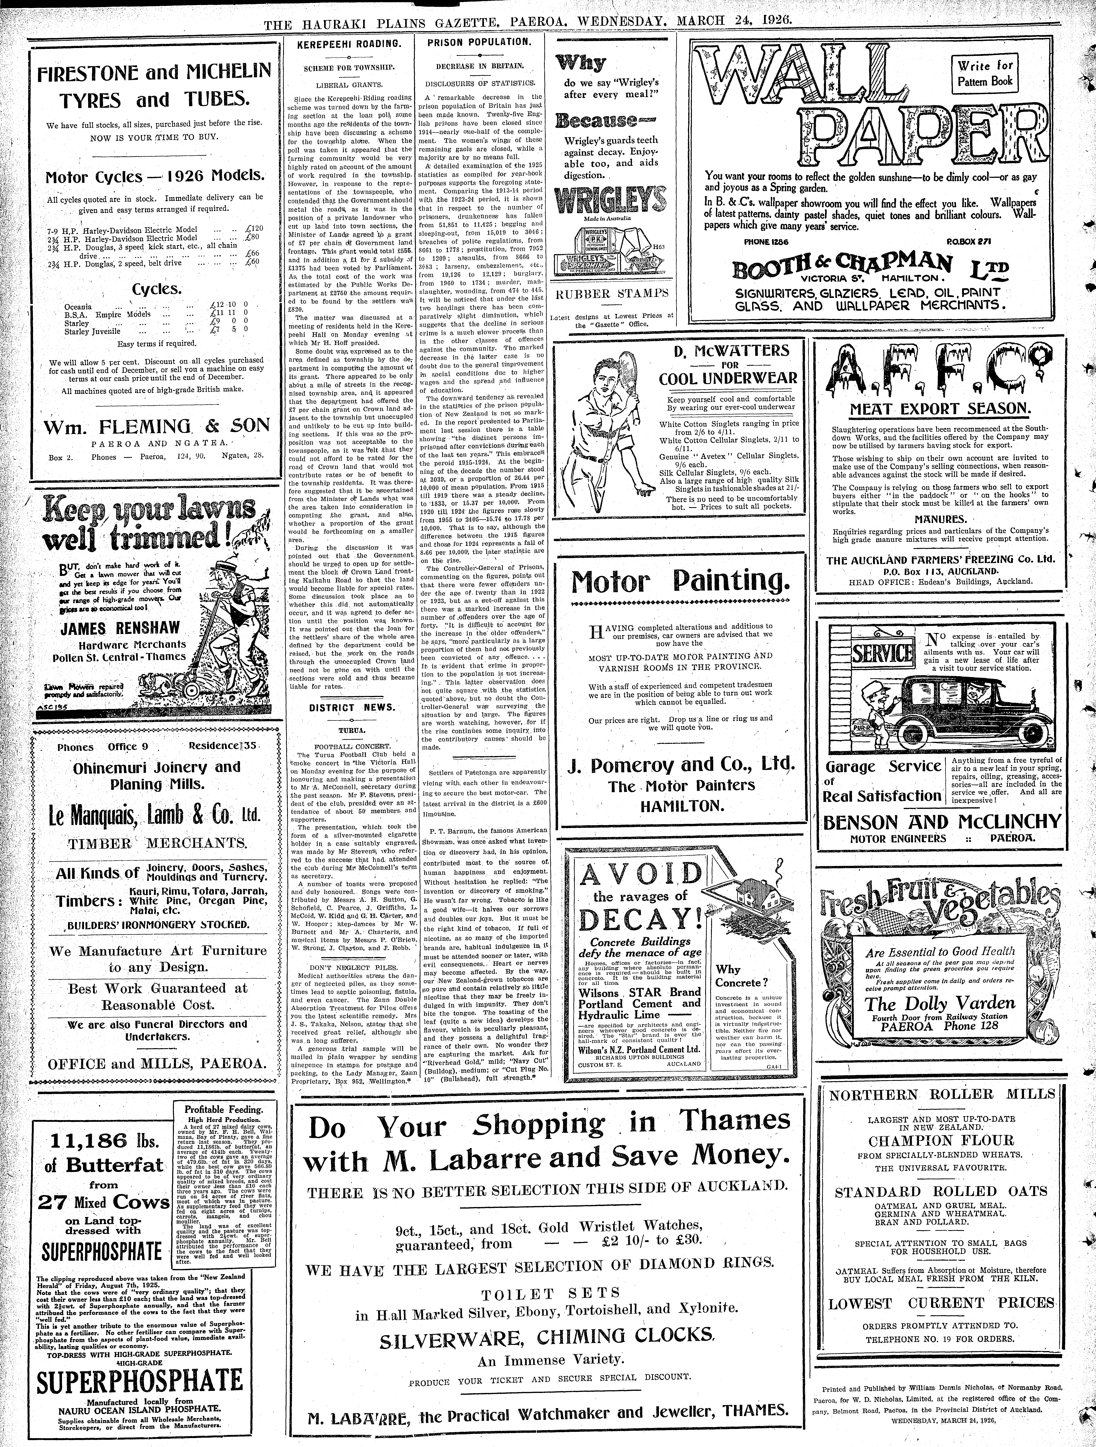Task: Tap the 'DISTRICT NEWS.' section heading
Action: pyautogui.click(x=352, y=707)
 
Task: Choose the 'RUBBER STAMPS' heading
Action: pyautogui.click(x=612, y=293)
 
